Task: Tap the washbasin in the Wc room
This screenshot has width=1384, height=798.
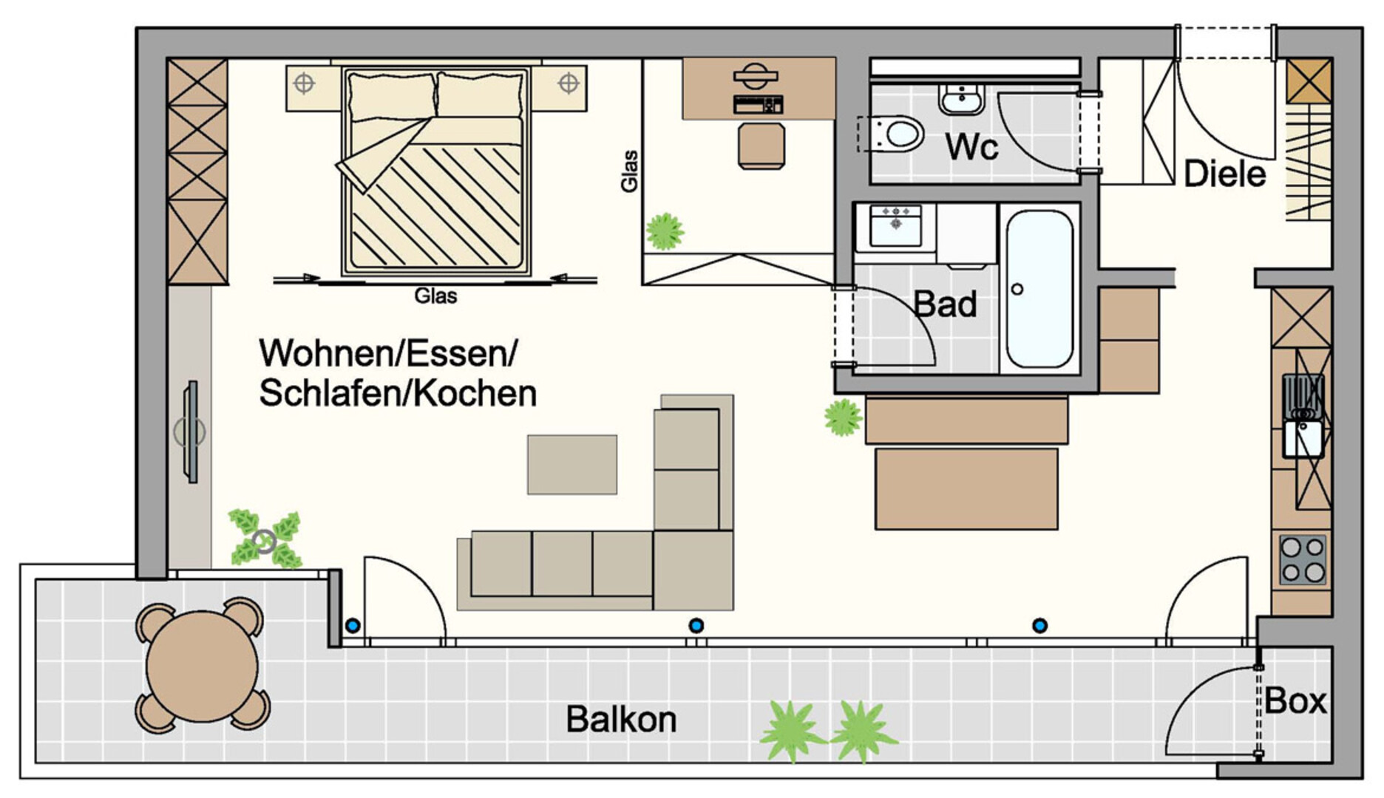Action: pyautogui.click(x=961, y=99)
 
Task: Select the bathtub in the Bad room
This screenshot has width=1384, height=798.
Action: pyautogui.click(x=1039, y=289)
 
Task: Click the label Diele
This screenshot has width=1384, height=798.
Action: pyautogui.click(x=1225, y=174)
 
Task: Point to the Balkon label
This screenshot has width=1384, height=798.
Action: pyautogui.click(x=621, y=719)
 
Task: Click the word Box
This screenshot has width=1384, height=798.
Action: pyautogui.click(x=1295, y=700)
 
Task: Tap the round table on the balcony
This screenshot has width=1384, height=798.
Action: pyautogui.click(x=202, y=666)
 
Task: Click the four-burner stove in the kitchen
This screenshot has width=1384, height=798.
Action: pyautogui.click(x=1303, y=559)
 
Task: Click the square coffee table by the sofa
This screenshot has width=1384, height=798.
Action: pyautogui.click(x=572, y=465)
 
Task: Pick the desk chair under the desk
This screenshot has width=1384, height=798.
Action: pyautogui.click(x=761, y=146)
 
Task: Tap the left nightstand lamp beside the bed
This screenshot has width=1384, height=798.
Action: pyautogui.click(x=304, y=83)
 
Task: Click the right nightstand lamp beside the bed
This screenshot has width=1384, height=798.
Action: pyautogui.click(x=568, y=83)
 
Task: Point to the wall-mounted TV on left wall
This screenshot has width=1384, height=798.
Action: pyautogui.click(x=191, y=432)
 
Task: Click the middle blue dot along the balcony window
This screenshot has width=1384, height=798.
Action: pyautogui.click(x=696, y=626)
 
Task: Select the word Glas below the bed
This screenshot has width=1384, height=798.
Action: pyautogui.click(x=435, y=296)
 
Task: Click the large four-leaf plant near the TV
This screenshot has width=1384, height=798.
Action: pyautogui.click(x=265, y=539)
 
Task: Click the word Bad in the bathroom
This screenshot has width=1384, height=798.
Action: pyautogui.click(x=945, y=304)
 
